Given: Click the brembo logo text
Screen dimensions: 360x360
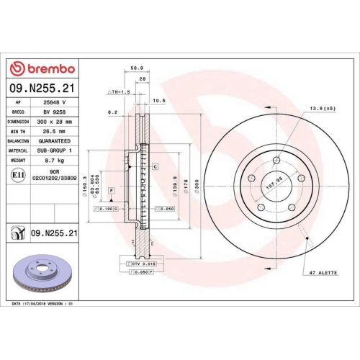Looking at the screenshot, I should pyautogui.click(x=46, y=68).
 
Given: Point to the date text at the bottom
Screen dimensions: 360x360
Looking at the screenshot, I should pyautogui.click(x=43, y=305).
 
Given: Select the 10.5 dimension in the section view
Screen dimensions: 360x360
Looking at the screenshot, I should pyautogui.click(x=160, y=102).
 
